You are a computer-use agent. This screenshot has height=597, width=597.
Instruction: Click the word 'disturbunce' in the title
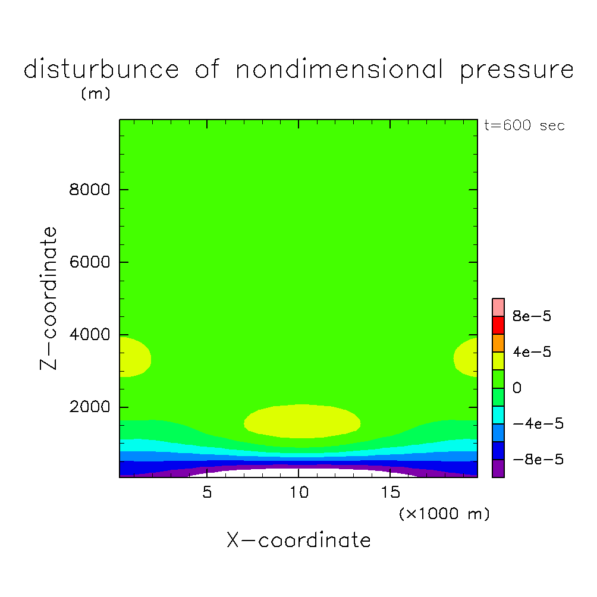click(101, 70)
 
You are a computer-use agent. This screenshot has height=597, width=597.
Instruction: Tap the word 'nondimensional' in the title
click(340, 70)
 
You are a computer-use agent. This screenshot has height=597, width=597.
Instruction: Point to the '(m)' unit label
click(96, 94)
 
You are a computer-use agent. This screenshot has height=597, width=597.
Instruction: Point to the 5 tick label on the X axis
click(206, 493)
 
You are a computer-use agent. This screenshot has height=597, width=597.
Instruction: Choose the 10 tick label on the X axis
click(298, 493)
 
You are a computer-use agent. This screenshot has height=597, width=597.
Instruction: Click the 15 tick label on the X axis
click(389, 493)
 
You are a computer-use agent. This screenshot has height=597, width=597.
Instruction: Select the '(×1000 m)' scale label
click(444, 514)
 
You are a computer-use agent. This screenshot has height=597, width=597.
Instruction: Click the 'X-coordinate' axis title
click(298, 541)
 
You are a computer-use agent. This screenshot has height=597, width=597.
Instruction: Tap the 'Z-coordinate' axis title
click(51, 298)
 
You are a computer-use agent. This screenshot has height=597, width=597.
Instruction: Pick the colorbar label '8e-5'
click(532, 316)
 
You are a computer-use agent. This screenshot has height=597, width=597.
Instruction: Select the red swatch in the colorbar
click(498, 325)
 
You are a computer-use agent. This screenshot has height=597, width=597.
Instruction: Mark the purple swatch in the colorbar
click(498, 468)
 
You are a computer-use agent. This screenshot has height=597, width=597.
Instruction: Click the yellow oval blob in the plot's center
click(303, 421)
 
